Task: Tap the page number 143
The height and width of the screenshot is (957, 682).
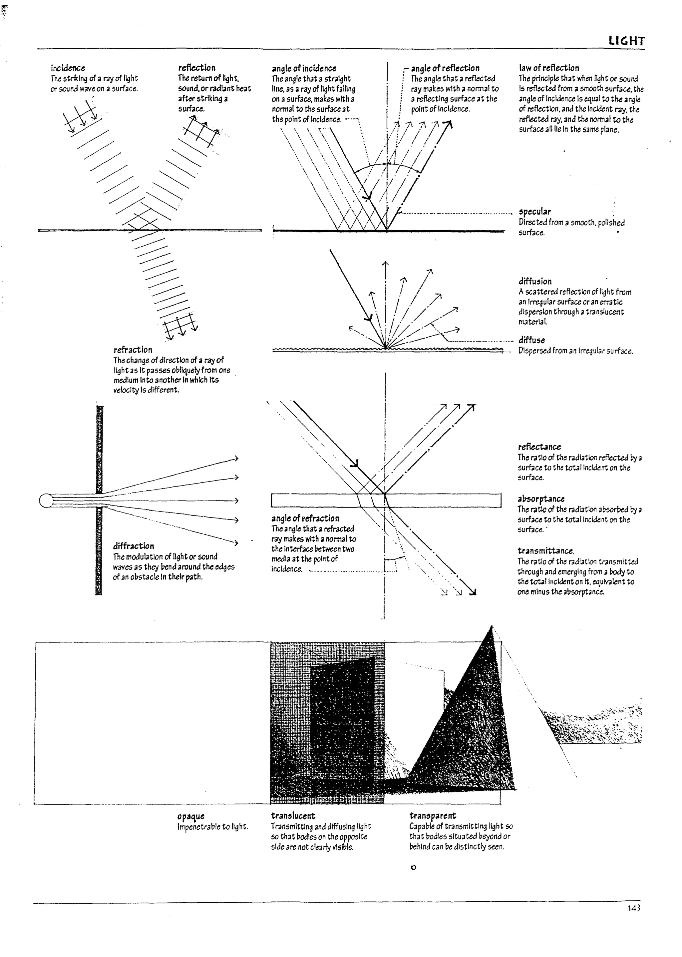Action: (634, 908)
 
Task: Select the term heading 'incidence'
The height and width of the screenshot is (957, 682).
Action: (68, 68)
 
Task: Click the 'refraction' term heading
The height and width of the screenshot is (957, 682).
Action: (133, 350)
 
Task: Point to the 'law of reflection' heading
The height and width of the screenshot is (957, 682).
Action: (549, 68)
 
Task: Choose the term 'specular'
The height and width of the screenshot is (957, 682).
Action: (534, 212)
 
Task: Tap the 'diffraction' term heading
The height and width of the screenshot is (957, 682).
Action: (134, 546)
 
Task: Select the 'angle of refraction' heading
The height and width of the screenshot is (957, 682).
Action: (305, 518)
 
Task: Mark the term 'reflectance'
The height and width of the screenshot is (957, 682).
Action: (539, 447)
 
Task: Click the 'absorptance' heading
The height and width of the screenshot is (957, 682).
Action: (541, 499)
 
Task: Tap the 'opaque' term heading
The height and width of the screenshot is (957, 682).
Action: (191, 816)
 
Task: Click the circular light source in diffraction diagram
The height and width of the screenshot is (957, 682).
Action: (45, 501)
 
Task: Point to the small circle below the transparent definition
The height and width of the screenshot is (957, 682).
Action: (413, 867)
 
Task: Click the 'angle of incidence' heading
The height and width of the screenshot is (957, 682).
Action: (304, 69)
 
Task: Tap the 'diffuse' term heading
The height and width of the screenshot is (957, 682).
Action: (532, 340)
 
